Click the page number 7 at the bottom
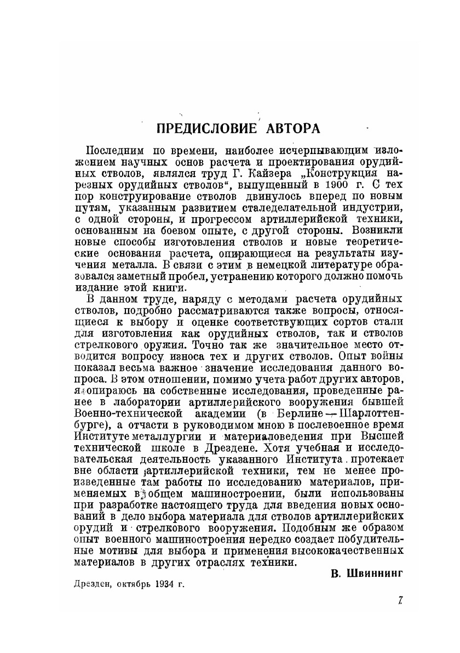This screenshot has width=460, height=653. pyautogui.click(x=400, y=601)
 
